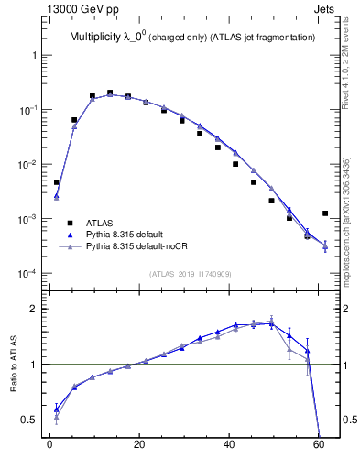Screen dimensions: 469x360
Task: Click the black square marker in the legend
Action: (x=71, y=223)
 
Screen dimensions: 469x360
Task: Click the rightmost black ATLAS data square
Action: (x=325, y=213)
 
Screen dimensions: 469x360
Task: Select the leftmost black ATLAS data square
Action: (x=56, y=182)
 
